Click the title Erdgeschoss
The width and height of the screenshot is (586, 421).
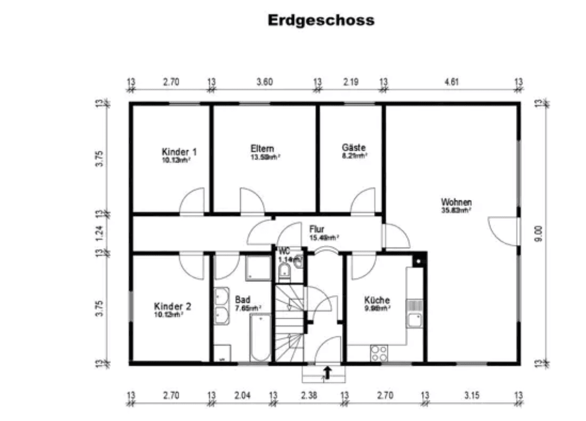tap(321, 20)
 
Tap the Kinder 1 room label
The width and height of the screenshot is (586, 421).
tap(179, 152)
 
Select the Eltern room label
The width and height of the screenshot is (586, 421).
tap(262, 149)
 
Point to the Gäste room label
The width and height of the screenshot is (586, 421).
tap(354, 148)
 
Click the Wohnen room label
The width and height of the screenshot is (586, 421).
tap(456, 202)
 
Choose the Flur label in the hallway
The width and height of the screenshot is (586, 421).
tap(317, 229)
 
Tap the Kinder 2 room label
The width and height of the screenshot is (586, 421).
tap(172, 307)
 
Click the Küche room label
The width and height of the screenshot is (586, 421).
tap(377, 300)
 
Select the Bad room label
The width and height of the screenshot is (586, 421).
tap(242, 299)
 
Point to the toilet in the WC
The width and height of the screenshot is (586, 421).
tap(285, 271)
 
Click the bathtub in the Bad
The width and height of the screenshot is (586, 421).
tap(260, 337)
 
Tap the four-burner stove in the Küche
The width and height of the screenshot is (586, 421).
tap(379, 352)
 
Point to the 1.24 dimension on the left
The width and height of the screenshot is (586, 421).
tap(100, 233)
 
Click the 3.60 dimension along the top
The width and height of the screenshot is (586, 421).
tap(265, 82)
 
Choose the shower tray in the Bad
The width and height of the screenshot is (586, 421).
tap(257, 267)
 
